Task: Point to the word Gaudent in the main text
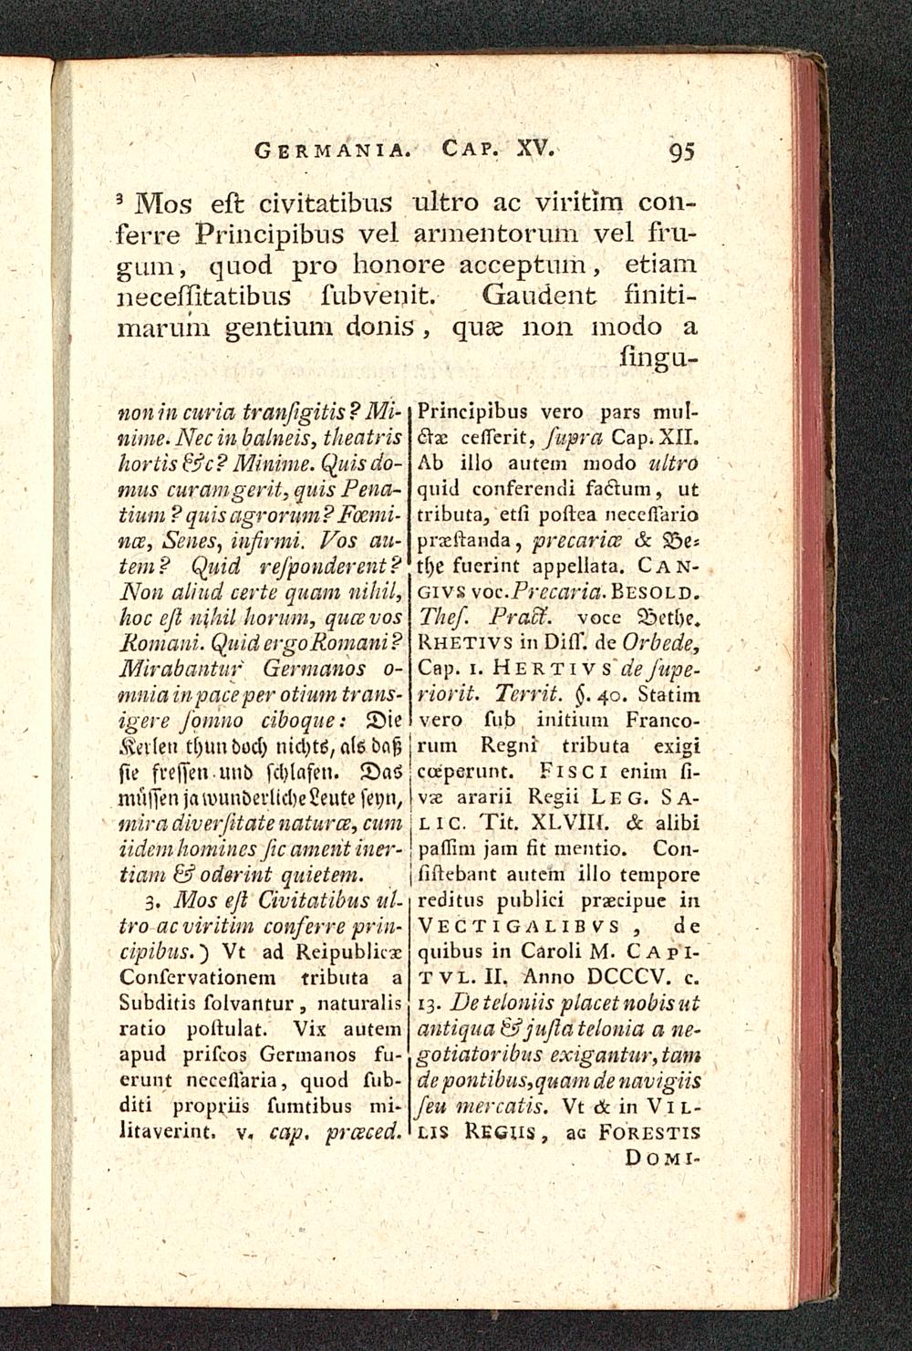pos(539,296)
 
